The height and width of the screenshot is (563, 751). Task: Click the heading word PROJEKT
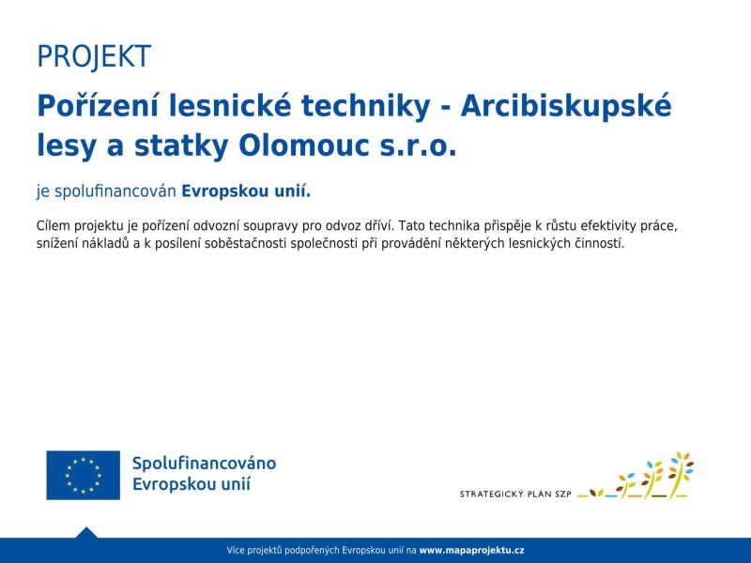click(x=93, y=56)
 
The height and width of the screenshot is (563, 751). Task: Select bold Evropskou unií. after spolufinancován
click(x=245, y=191)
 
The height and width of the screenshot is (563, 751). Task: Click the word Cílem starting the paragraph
click(x=54, y=226)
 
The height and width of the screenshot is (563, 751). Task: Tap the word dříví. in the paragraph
click(x=376, y=226)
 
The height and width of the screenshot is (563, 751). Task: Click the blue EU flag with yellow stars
click(x=84, y=475)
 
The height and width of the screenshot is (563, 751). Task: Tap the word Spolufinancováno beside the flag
click(x=204, y=464)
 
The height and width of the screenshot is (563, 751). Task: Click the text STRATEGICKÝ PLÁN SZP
click(x=515, y=494)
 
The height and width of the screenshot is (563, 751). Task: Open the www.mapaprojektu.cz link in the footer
click(x=471, y=550)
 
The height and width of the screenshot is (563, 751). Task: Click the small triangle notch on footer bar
click(x=86, y=532)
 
